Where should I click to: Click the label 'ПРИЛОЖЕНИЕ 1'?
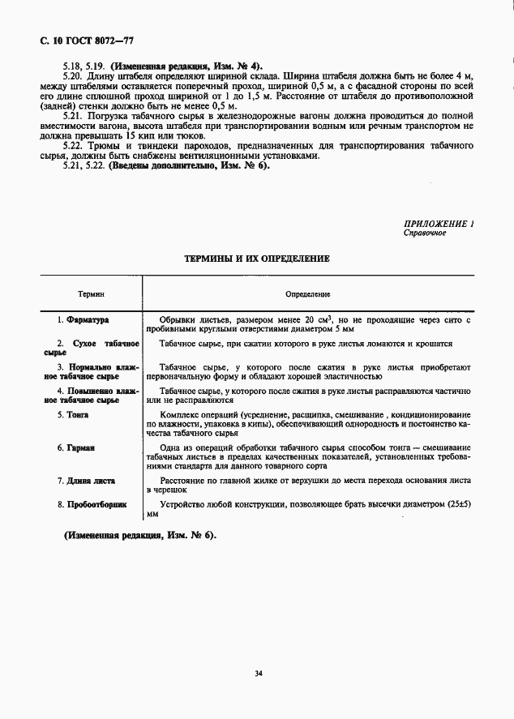click(439, 223)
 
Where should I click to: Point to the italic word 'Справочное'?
click(426, 233)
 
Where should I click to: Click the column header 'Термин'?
click(91, 294)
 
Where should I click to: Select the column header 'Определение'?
click(306, 294)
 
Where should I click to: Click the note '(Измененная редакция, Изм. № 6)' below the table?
click(141, 537)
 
